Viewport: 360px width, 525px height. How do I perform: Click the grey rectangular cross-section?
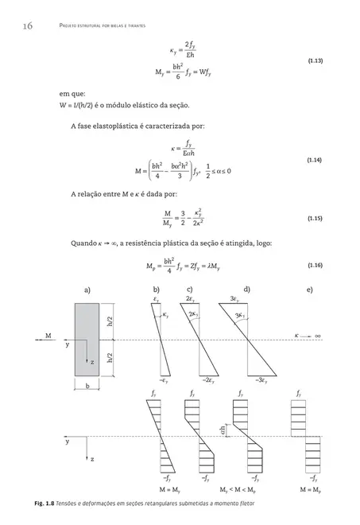pos(87,337)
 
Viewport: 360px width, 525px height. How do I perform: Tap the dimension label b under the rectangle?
pos(87,387)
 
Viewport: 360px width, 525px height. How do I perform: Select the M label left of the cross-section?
pos(48,336)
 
